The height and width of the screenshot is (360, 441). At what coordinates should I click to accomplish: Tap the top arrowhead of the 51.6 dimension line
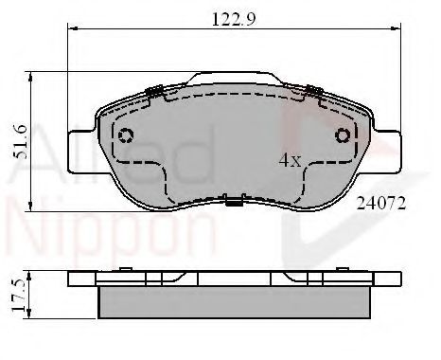pos(33,75)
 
